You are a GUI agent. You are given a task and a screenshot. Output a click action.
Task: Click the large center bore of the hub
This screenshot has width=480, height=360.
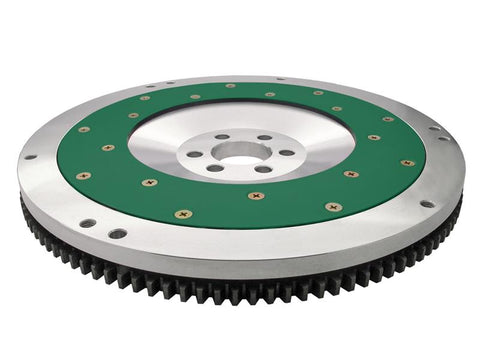coord(238,152)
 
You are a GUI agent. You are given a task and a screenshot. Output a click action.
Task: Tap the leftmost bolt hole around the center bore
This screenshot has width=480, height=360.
coord(194,154)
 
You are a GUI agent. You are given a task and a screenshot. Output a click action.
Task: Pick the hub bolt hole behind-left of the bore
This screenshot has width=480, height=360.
coord(220,138)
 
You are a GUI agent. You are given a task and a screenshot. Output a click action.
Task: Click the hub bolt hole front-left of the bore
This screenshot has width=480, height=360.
coord(214,168)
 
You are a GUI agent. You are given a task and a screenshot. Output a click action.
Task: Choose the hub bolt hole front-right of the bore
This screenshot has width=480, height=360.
coord(263,169)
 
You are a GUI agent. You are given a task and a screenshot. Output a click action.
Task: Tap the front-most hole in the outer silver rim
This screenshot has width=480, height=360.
coord(118,233)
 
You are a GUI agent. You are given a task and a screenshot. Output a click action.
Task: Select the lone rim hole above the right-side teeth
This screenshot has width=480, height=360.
coord(428,204)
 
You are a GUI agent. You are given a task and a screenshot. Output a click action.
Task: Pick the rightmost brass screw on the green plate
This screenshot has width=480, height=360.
coord(407,162)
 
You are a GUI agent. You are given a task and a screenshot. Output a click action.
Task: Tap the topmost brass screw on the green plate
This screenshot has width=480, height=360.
coord(231,86)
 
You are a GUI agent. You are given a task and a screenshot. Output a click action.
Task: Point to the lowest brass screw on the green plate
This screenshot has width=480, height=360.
coord(182,214)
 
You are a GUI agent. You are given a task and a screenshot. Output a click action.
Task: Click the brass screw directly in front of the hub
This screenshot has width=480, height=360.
coord(255,195)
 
